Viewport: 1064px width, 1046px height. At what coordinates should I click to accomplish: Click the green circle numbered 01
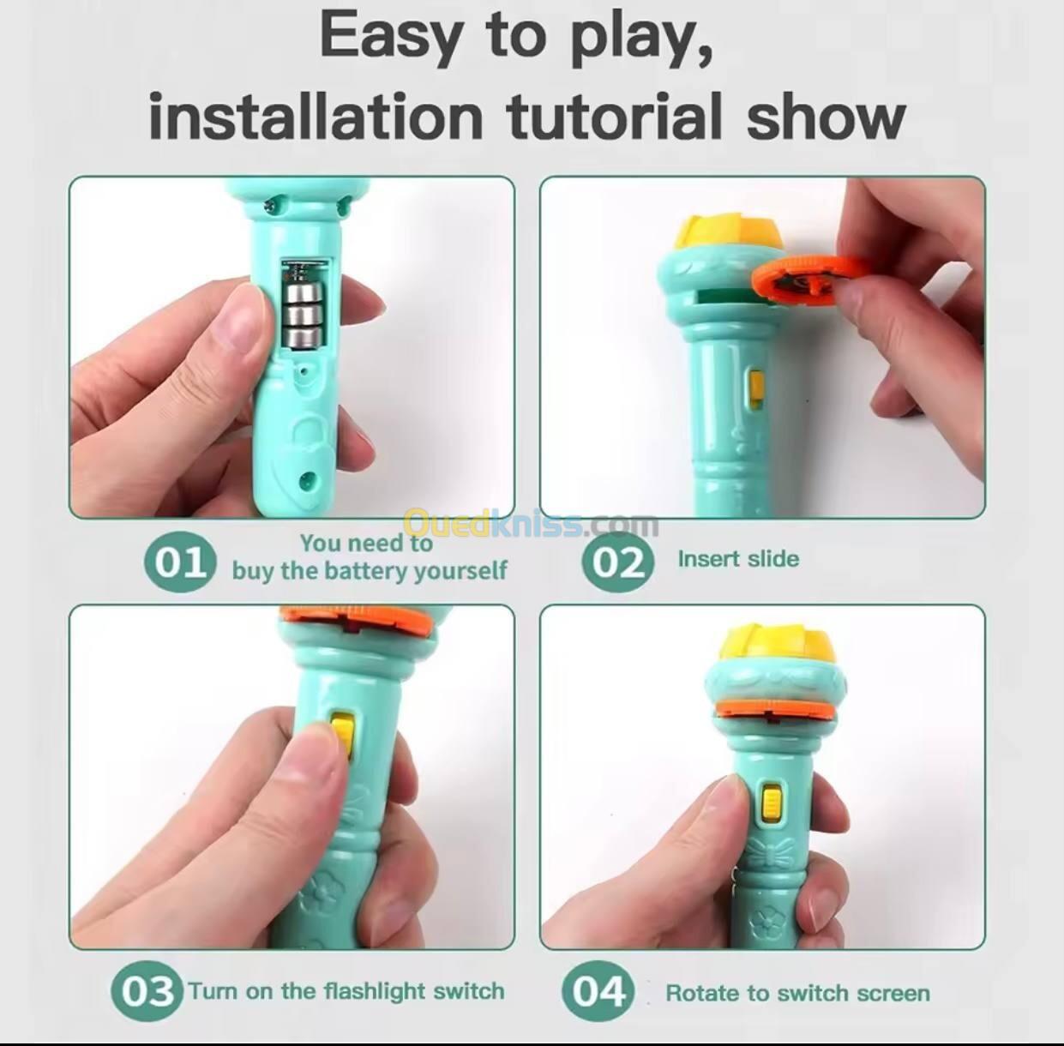click(177, 562)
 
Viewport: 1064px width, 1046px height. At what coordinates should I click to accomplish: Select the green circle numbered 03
click(147, 991)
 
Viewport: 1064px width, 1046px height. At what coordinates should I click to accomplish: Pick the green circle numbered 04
click(598, 991)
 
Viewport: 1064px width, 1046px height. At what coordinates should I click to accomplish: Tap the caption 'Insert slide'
click(738, 559)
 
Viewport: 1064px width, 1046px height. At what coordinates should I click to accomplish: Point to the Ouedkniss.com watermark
click(532, 524)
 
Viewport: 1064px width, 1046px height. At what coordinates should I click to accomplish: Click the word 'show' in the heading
click(826, 117)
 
